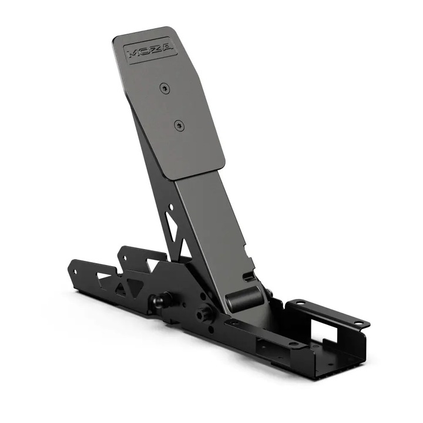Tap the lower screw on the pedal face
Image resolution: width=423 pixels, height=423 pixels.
coord(178,125)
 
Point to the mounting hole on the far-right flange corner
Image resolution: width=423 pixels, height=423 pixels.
coord(357,323)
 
